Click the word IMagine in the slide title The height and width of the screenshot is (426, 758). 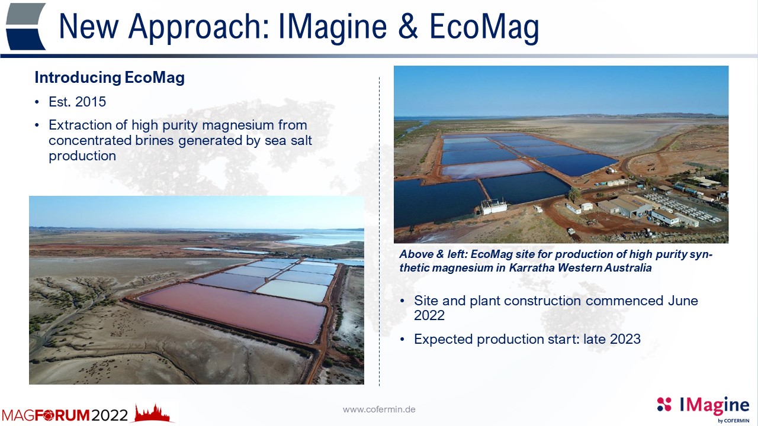(x=332, y=27)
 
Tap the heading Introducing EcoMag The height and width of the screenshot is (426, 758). (x=110, y=78)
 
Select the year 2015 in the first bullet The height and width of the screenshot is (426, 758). (x=91, y=101)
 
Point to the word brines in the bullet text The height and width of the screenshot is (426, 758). (x=155, y=140)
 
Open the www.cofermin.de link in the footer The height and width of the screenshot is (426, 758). (x=379, y=409)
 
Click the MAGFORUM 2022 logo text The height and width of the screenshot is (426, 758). (x=65, y=415)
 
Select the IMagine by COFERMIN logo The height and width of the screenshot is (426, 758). (x=703, y=409)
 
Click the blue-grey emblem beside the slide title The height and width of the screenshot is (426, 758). (x=25, y=27)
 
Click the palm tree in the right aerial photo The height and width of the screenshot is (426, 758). (x=574, y=195)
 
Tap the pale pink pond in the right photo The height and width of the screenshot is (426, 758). (x=487, y=170)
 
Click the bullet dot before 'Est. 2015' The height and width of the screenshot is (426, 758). (x=37, y=102)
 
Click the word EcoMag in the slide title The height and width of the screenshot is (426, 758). (x=484, y=27)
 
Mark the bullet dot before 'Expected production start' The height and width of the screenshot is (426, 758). (x=402, y=340)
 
